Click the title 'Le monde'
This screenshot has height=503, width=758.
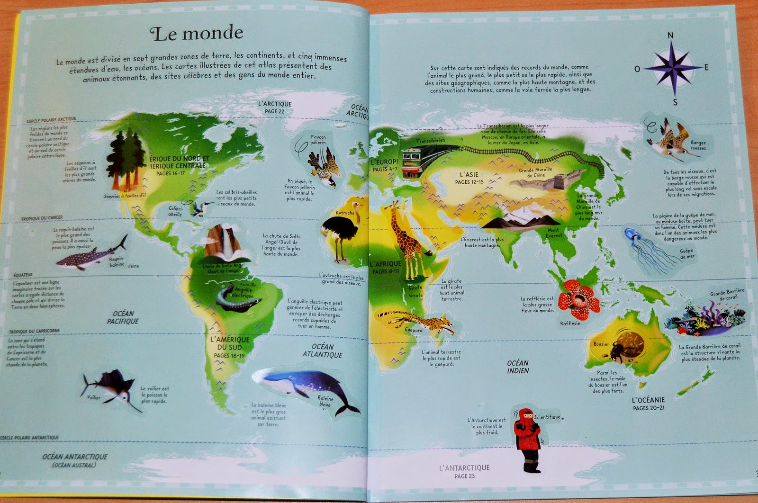[196, 33]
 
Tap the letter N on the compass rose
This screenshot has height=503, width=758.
[670, 36]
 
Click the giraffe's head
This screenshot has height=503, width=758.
[395, 207]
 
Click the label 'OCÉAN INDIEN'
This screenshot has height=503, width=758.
[518, 367]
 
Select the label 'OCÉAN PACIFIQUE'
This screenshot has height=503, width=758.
[123, 317]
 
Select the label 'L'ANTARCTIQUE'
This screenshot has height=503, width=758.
[464, 468]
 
